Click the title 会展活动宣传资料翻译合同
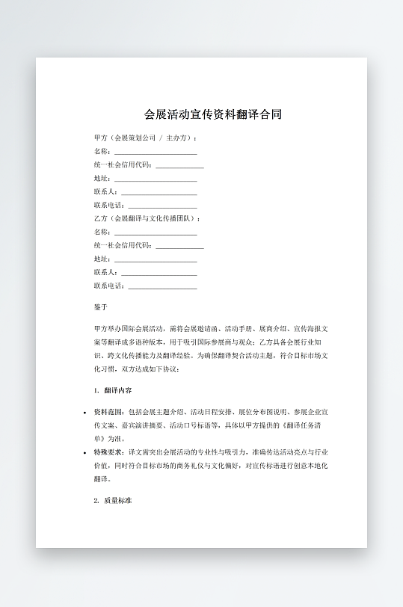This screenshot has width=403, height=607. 213,115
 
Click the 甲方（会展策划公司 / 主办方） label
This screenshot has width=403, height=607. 145,138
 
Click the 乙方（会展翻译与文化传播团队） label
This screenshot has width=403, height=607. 147,219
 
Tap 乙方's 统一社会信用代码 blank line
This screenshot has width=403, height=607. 179,247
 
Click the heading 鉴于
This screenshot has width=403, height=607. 101,307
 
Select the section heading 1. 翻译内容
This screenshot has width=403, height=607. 114,390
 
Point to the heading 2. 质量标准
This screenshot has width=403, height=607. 113,500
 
